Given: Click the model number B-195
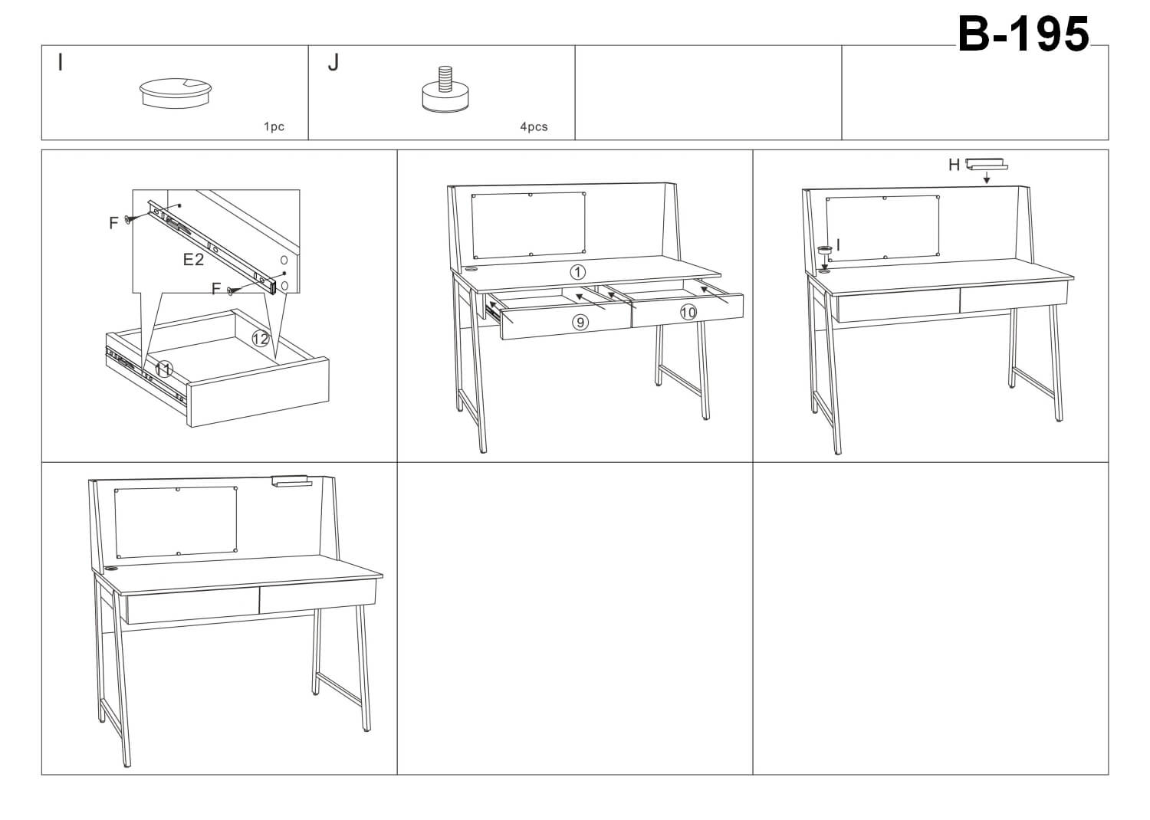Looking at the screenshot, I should tap(1023, 34).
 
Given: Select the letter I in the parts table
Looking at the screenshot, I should tap(61, 63).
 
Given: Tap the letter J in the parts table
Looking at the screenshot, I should tap(333, 63).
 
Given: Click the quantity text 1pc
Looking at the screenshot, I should tap(274, 126).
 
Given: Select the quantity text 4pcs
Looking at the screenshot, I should tap(534, 126).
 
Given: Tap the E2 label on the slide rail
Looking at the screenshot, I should tap(193, 260).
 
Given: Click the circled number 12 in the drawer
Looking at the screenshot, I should tap(261, 338).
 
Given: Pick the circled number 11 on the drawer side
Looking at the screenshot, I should tap(163, 370).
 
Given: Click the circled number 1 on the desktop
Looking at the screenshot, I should tap(577, 272).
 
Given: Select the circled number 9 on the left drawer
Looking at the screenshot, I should tap(580, 323).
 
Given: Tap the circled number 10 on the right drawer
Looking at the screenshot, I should tap(688, 312).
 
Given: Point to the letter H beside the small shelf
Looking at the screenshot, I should tap(954, 165).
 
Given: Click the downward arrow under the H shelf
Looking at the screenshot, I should tap(987, 178).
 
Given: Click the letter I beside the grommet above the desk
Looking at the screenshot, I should tap(838, 245).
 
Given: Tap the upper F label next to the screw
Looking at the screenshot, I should tap(113, 223).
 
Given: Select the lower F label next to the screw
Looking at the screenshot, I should tap(216, 289).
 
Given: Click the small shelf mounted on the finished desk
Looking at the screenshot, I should tap(290, 481).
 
